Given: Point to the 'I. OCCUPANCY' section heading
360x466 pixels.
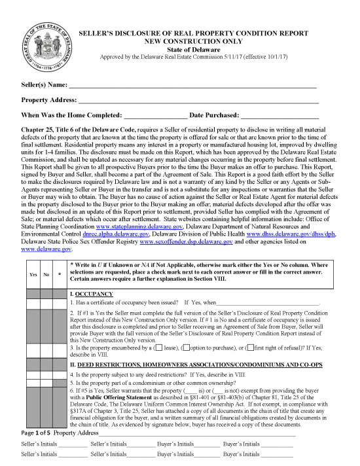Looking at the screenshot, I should pos(91,295).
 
